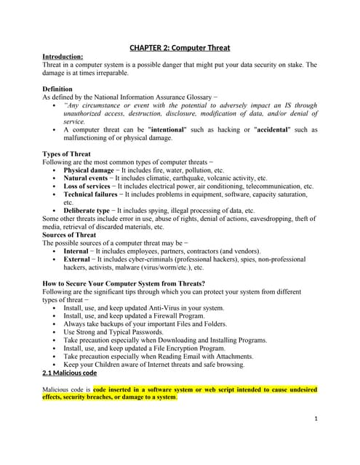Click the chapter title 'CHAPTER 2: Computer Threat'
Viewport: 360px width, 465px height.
point(180,48)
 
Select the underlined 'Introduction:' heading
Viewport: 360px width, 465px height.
point(63,56)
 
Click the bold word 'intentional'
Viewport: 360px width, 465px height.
point(169,129)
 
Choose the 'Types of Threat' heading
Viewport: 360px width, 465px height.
point(67,153)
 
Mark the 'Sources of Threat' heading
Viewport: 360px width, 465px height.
point(69,235)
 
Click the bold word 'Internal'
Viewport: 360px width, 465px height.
point(76,251)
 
